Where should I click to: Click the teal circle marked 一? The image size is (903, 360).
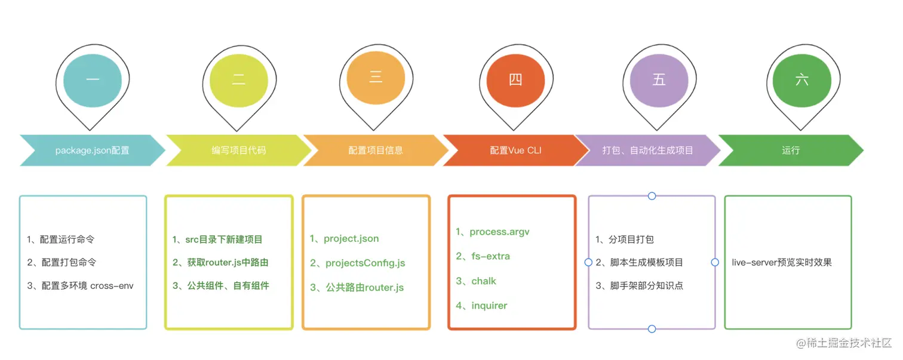tap(93, 79)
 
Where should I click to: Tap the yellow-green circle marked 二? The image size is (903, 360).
tap(239, 79)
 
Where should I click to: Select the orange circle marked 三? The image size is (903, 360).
tap(376, 78)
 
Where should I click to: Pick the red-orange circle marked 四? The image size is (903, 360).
tap(516, 79)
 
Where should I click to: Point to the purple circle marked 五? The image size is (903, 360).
tap(659, 79)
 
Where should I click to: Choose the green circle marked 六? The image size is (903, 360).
tap(801, 79)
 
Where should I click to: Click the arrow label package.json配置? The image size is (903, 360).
tap(92, 150)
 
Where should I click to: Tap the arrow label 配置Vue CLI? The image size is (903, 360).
tap(515, 150)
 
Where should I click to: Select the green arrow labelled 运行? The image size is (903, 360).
tap(790, 150)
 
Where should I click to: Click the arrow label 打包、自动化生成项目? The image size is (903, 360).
tap(647, 150)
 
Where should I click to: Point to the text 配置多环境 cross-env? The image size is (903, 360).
tap(80, 285)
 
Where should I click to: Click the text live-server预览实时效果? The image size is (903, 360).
tap(782, 262)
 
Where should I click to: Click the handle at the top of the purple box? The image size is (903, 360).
tap(652, 196)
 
